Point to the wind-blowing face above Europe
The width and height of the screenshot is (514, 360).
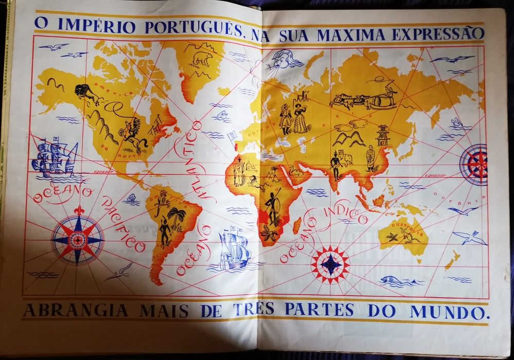285,60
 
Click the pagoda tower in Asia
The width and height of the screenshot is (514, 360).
383,135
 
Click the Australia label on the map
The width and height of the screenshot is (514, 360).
406,226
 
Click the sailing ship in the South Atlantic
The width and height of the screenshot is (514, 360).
232,250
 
